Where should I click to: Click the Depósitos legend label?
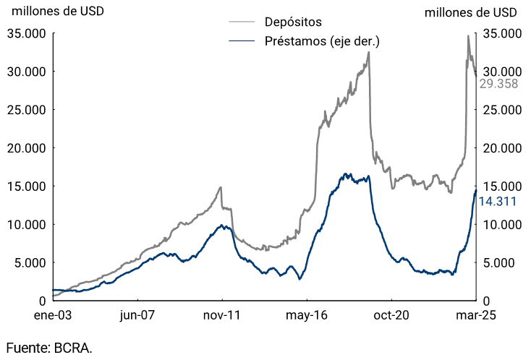click(293, 22)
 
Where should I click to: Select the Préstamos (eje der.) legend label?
click(323, 41)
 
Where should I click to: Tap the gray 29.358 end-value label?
click(498, 84)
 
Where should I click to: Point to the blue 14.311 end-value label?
click(498, 202)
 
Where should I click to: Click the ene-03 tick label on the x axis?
click(53, 315)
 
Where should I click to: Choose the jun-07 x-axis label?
click(137, 315)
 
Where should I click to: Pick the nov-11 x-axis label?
click(222, 315)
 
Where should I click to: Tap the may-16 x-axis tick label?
click(307, 315)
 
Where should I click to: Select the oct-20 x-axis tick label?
click(391, 315)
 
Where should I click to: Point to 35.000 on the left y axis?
click(27, 33)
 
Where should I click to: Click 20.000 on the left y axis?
click(27, 148)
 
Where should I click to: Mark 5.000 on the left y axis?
click(30, 262)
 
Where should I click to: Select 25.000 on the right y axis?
click(502, 110)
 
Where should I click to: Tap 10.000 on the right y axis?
click(502, 224)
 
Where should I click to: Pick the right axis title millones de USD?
click(471, 12)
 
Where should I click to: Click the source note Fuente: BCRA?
click(49, 348)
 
